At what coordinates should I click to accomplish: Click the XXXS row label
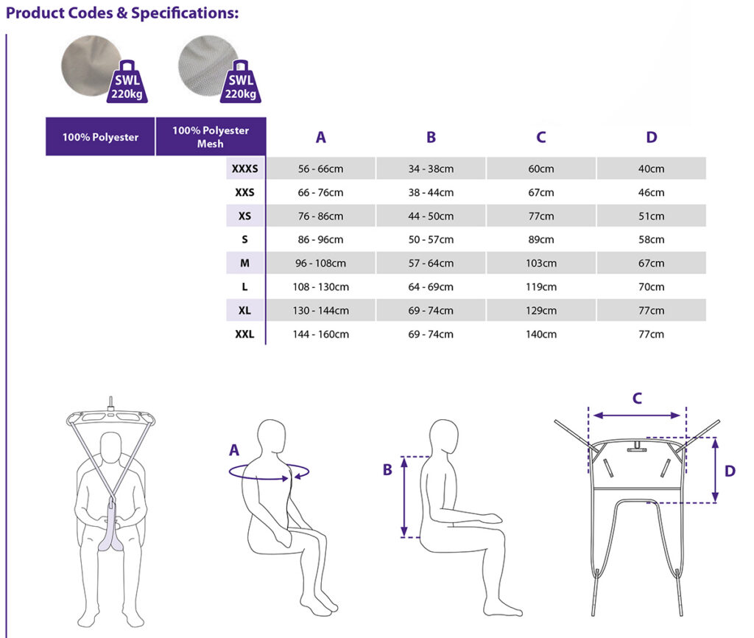pos(244,169)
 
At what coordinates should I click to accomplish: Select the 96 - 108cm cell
pos(321,263)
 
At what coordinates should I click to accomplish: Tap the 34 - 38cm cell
pos(431,169)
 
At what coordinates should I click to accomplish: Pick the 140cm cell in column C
pos(541,334)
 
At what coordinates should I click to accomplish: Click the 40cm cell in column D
pos(651,169)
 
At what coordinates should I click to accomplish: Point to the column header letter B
pos(431,137)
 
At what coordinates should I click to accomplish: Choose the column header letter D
pos(652,137)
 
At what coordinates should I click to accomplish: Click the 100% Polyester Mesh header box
pos(211,136)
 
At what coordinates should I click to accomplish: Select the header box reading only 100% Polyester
pos(100,136)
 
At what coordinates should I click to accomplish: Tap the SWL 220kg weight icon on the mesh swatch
pos(241,82)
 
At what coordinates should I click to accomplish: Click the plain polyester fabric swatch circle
pos(91,66)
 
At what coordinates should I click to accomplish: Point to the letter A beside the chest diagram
pos(234,450)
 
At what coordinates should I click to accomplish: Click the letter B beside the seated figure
pos(387,469)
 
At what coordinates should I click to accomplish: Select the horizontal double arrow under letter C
pos(637,416)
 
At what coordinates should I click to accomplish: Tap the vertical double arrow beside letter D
pos(716,471)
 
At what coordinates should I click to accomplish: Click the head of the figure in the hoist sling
pos(111,447)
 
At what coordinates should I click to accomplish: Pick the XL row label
pos(244,310)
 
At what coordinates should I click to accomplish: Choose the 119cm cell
pos(541,287)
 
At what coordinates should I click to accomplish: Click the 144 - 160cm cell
pos(321,334)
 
